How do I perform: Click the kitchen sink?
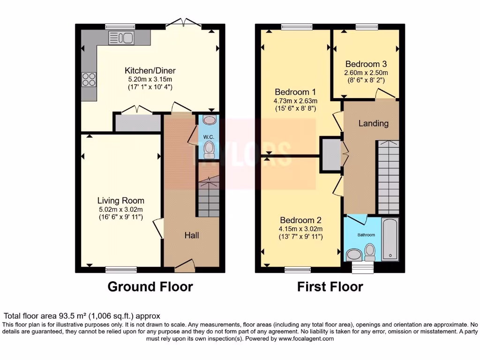point(121,38)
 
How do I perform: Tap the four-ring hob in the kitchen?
point(89,79)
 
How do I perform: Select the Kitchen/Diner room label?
point(150,71)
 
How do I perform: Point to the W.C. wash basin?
point(209,120)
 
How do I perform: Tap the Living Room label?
point(121,201)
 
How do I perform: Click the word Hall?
point(191,235)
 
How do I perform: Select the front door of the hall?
point(184,267)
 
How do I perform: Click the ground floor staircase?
point(207,197)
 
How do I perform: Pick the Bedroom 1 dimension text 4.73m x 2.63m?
point(296,100)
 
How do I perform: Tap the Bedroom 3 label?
point(366,64)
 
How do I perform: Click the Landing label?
point(374,124)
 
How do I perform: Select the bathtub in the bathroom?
point(390,239)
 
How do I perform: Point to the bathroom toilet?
point(370,252)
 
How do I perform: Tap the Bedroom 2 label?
point(300,220)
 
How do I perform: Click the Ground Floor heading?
point(150,286)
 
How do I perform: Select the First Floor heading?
point(330,286)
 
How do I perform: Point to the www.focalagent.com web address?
point(306,338)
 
